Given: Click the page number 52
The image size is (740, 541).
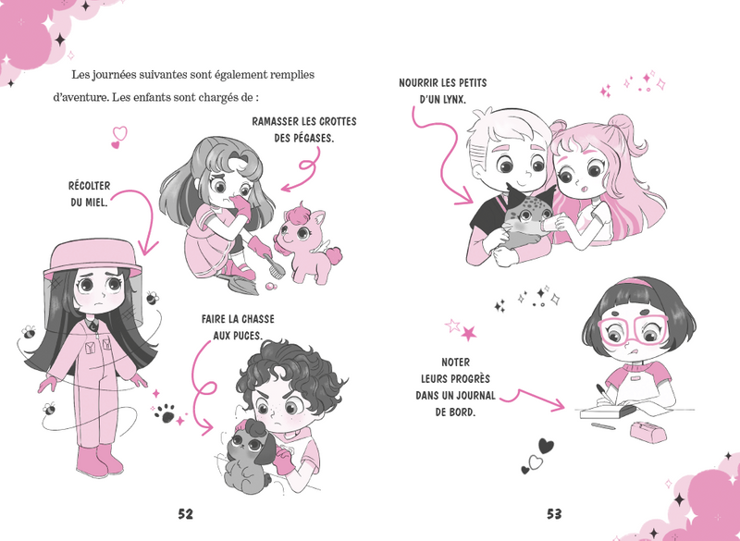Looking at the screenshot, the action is pos(186,513).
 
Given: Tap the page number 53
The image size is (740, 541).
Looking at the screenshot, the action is pos(554,513).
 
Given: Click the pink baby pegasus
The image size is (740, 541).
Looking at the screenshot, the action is pos(308,244).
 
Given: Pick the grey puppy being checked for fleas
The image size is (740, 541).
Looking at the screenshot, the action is pos(249,458).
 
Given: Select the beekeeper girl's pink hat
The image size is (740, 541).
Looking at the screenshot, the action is pos(92,257).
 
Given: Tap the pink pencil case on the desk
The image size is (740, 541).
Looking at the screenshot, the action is pos(648,431).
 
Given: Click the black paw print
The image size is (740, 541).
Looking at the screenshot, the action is pos(166,413).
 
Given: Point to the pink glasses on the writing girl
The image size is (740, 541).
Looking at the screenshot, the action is pos(634,328).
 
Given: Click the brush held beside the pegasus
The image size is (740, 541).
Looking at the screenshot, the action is pos(275,265).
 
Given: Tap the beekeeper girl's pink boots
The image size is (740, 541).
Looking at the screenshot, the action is pos(100,460).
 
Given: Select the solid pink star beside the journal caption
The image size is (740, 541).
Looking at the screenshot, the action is pos(469,333).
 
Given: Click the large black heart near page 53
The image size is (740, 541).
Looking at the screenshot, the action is pos(546,446).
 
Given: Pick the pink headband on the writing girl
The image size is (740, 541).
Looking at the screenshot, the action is pos(635,283).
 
